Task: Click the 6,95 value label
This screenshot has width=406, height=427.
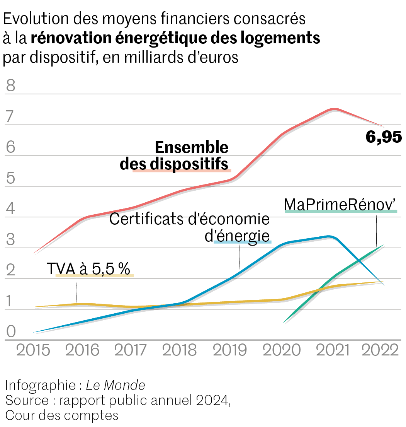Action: point(384,137)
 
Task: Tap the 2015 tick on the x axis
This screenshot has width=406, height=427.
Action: point(33,350)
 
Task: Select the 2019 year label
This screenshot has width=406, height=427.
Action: point(230,350)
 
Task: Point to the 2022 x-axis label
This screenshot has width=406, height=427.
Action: point(380,350)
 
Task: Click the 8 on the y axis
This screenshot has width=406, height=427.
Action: point(10,85)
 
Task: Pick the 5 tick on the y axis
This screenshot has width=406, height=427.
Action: point(10,179)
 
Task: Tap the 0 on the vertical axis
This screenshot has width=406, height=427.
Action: point(10,331)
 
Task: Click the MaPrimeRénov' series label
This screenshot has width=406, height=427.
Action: point(340,204)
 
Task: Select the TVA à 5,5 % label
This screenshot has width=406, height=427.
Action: point(88,268)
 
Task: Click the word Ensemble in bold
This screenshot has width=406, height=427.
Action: point(192,147)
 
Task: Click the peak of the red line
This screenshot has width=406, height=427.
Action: point(335,109)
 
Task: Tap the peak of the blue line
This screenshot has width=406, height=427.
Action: point(329,236)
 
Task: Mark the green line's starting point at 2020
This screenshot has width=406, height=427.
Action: point(285,321)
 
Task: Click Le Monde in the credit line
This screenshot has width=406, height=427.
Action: point(116,385)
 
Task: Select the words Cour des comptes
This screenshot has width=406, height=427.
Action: point(62,415)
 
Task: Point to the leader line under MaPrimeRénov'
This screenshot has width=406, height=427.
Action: point(376,231)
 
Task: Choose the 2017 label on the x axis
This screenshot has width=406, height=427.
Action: point(131,350)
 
